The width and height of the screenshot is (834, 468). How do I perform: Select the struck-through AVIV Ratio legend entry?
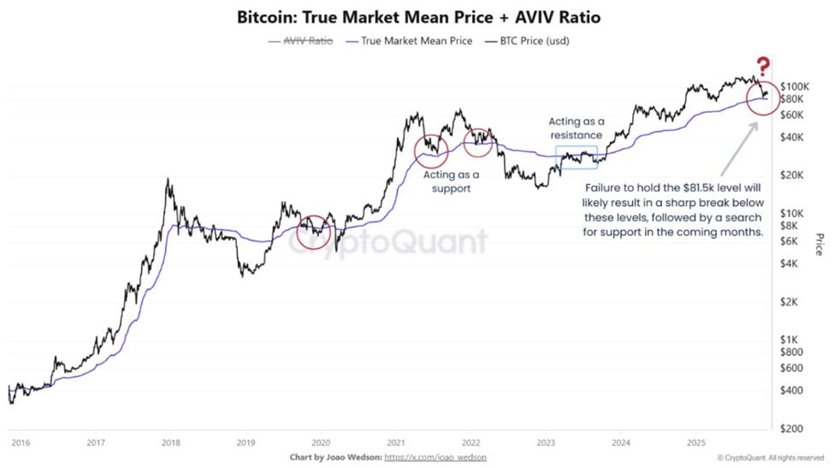[x=300, y=41]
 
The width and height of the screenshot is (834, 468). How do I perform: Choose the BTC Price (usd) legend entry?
[x=531, y=41]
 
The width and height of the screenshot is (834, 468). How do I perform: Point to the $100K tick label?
[x=793, y=86]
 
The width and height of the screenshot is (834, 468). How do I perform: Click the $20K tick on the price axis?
[x=791, y=175]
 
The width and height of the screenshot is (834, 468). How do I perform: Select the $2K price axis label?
[x=789, y=302]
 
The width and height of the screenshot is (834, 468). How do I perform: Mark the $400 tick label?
[x=790, y=390]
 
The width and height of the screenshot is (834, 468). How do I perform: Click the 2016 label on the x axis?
[x=21, y=442]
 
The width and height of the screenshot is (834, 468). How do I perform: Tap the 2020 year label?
[x=321, y=442]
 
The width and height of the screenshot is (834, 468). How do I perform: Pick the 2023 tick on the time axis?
[x=546, y=442]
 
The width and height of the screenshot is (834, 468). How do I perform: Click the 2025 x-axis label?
[x=696, y=442]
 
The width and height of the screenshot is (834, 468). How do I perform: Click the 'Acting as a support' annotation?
[x=452, y=181]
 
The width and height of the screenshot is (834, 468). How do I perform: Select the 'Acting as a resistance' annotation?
[x=576, y=128]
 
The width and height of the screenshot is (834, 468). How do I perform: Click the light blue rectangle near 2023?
[x=577, y=156]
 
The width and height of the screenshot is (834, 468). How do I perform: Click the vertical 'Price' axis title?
[x=819, y=244]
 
